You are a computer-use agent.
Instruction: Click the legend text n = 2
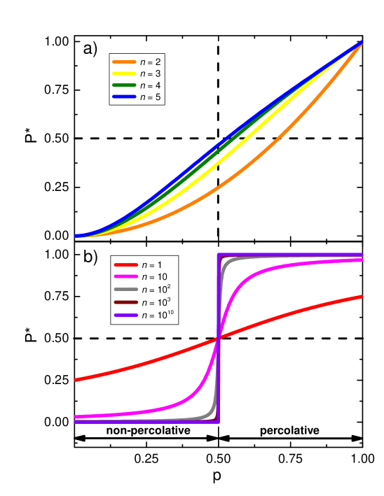(151, 62)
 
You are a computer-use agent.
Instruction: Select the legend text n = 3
(151, 73)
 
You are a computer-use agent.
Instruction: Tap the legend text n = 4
(151, 85)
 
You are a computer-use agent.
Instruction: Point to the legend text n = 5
(151, 97)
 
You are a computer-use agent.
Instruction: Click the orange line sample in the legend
(123, 62)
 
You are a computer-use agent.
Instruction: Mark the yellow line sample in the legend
(123, 73)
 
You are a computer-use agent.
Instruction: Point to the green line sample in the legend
(123, 85)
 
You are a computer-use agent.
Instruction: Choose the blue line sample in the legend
(123, 97)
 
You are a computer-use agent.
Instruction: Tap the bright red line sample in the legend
(125, 265)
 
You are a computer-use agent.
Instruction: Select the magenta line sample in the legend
(125, 278)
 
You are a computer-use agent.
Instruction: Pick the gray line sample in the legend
(125, 290)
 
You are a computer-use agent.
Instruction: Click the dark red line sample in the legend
(125, 303)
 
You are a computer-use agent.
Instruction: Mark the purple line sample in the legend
(125, 316)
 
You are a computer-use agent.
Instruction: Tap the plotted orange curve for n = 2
(280, 162)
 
